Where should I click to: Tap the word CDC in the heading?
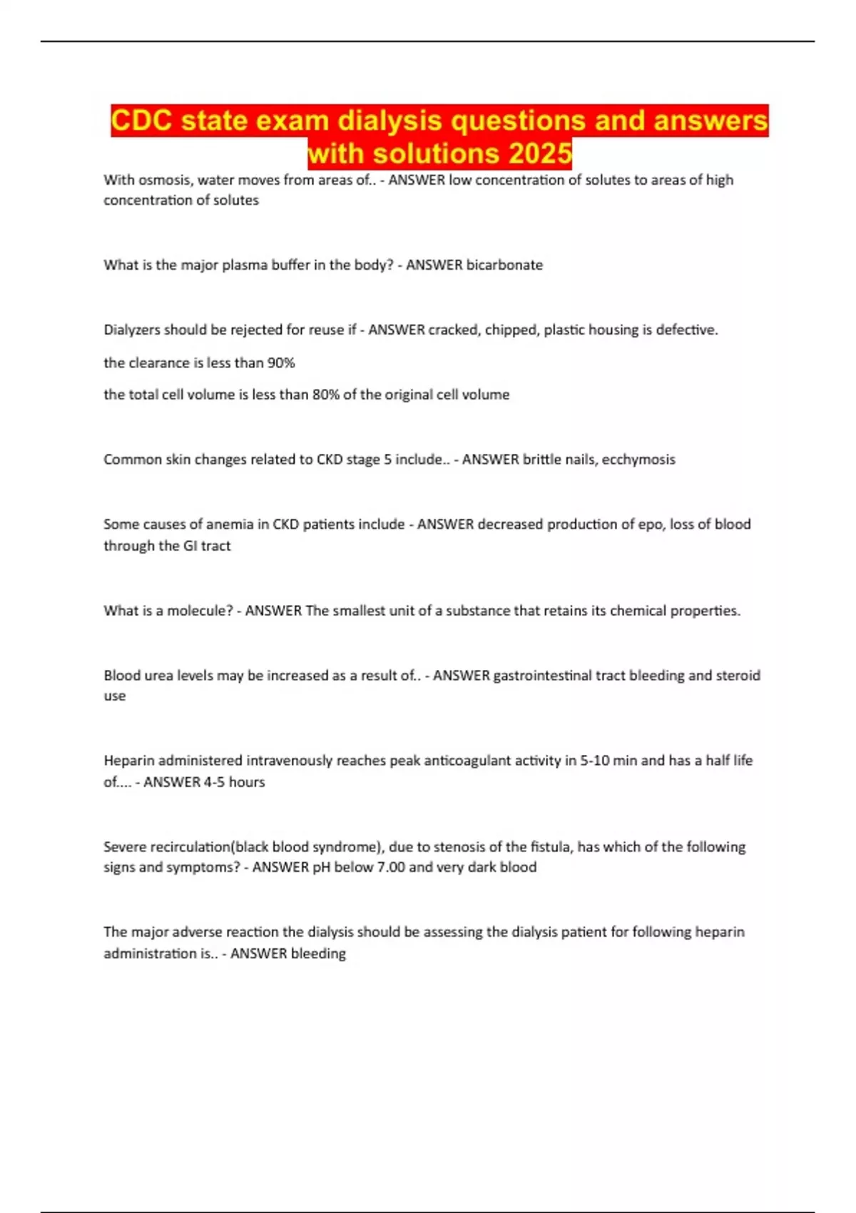click(x=141, y=121)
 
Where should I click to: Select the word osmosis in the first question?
click(x=161, y=180)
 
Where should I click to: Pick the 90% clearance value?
click(x=280, y=362)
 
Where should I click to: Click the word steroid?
click(x=736, y=675)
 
